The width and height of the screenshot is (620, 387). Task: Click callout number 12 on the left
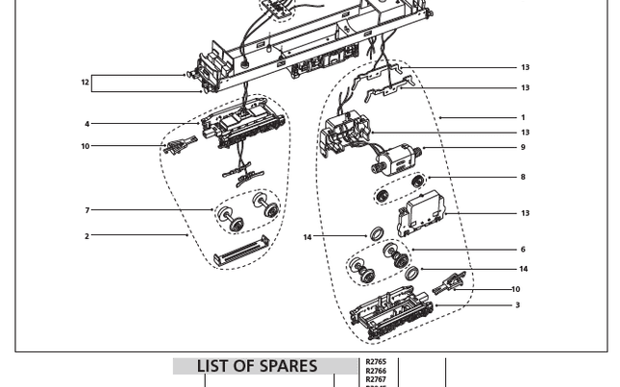(x=85, y=83)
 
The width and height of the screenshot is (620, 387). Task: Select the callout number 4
(x=87, y=124)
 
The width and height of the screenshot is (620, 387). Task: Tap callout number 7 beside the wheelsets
(x=87, y=210)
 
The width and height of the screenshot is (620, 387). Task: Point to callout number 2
(x=87, y=236)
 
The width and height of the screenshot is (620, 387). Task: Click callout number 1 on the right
(x=523, y=118)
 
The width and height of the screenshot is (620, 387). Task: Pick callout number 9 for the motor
(x=523, y=148)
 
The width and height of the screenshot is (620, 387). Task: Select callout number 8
(x=523, y=177)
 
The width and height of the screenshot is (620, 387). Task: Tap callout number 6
(x=523, y=250)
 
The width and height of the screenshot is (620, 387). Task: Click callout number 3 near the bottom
(x=517, y=305)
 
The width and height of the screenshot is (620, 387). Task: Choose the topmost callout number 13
(x=525, y=68)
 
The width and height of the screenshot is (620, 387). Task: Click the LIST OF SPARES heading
(x=257, y=367)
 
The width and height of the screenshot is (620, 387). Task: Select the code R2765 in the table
(x=376, y=363)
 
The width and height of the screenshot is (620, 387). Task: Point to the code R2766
(x=376, y=372)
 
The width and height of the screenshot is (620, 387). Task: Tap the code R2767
(x=376, y=380)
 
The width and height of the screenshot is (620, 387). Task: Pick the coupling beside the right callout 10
(x=450, y=283)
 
